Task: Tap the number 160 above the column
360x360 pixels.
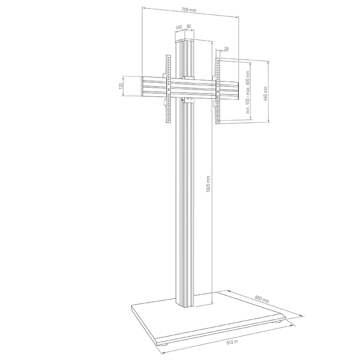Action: [x=179, y=27]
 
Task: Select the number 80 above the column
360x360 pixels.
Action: [x=189, y=27]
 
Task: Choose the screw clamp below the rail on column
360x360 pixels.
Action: [x=184, y=101]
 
